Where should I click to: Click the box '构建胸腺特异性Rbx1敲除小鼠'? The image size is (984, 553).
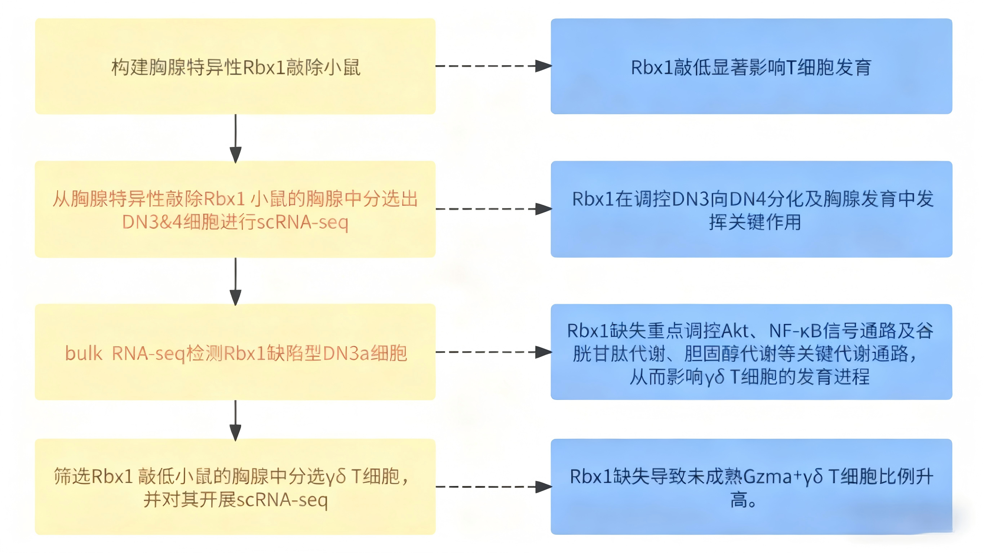(x=235, y=66)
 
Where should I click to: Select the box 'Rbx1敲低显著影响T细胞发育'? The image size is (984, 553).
(x=751, y=66)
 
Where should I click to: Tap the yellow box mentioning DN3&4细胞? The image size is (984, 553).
(x=235, y=209)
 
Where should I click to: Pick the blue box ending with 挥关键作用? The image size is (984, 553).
(x=751, y=209)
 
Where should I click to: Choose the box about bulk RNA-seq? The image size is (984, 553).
(x=235, y=352)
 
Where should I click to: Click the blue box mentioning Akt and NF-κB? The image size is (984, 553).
(x=751, y=352)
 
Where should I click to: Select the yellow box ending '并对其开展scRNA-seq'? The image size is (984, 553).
(x=235, y=487)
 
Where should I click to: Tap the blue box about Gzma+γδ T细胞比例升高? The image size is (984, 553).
(x=751, y=487)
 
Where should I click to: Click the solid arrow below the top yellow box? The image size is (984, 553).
(x=235, y=138)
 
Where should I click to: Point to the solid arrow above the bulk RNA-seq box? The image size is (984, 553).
(x=235, y=281)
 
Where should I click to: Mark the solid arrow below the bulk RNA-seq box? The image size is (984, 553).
(x=235, y=420)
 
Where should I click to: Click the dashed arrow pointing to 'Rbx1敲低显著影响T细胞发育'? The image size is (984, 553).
(x=493, y=66)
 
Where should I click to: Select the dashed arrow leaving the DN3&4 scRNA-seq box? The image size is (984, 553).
(x=493, y=209)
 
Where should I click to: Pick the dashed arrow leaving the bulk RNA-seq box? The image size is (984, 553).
(x=493, y=352)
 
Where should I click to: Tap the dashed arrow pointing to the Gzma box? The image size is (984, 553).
(x=493, y=487)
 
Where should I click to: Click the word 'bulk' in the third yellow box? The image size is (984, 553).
(x=83, y=353)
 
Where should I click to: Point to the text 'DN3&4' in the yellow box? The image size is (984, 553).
(x=152, y=222)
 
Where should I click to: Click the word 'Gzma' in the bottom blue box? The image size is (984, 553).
(x=768, y=477)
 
